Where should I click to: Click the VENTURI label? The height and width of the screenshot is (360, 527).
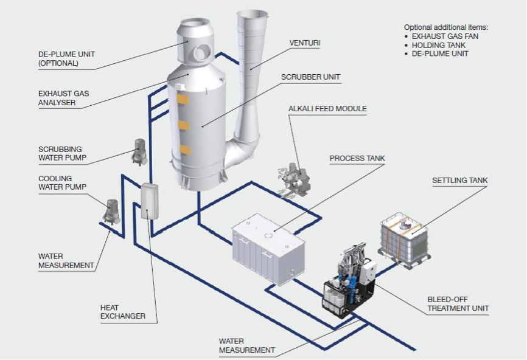[305, 43]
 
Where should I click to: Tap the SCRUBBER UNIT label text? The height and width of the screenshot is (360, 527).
[310, 77]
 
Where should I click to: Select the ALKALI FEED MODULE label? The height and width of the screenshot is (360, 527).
[327, 108]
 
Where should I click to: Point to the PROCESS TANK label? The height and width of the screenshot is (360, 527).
[357, 158]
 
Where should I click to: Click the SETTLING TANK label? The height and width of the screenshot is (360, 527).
[459, 181]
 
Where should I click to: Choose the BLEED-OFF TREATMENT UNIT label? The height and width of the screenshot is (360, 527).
[458, 303]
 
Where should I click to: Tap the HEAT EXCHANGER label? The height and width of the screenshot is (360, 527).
[123, 311]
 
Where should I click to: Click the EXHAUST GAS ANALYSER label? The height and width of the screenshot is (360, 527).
[63, 98]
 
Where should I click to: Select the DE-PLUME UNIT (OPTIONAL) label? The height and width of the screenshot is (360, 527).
[66, 58]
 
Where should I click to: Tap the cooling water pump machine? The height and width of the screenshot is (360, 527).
[111, 212]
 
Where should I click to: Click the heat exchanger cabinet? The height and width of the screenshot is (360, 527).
[150, 201]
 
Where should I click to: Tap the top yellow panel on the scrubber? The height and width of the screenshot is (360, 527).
[183, 99]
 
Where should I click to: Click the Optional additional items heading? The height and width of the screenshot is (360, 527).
[445, 27]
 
